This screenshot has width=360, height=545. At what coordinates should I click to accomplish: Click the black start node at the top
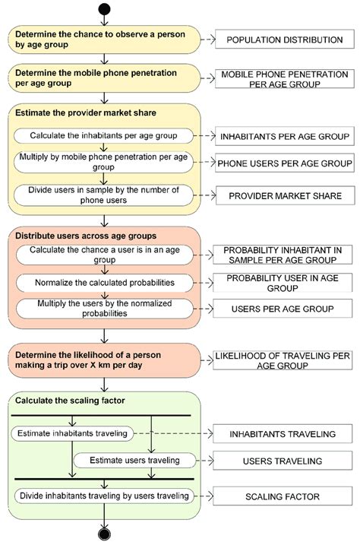pos(104,9)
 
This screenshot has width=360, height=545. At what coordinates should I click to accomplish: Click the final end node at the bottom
pos(104,534)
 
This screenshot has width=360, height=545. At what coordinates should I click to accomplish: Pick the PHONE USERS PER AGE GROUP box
pos(285,163)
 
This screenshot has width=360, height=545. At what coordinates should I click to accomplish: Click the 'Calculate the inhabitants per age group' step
pos(103,135)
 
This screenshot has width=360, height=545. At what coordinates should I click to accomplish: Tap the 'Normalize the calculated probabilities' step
pos(105,283)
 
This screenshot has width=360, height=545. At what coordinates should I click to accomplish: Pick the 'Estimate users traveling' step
pos(134,460)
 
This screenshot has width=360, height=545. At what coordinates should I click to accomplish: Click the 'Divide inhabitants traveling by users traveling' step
pos(103,496)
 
